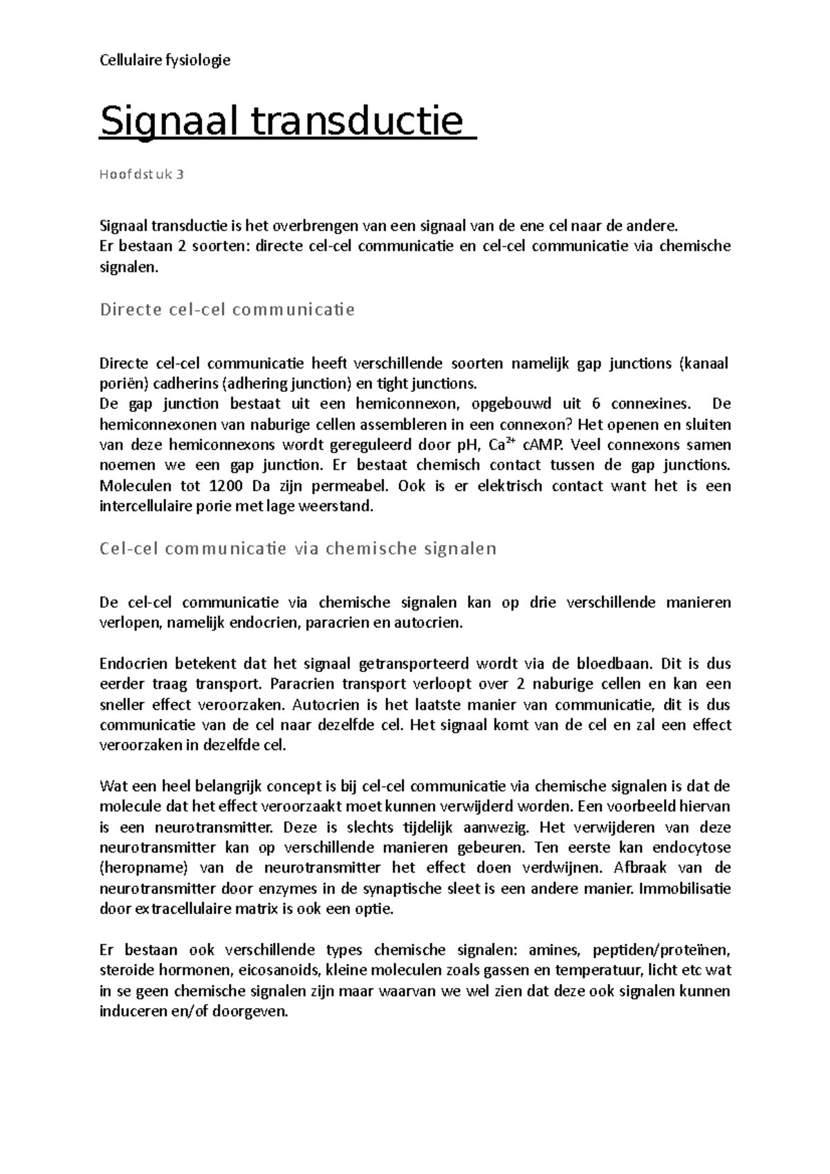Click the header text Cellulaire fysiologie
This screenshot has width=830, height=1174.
coord(165,60)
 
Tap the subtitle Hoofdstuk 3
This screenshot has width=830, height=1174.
coord(142,174)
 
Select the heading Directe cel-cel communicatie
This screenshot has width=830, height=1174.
coord(227,309)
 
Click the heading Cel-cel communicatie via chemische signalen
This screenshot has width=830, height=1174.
coord(298,548)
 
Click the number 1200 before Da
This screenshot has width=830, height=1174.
coord(228,486)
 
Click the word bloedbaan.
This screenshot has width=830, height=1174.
coord(611,664)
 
